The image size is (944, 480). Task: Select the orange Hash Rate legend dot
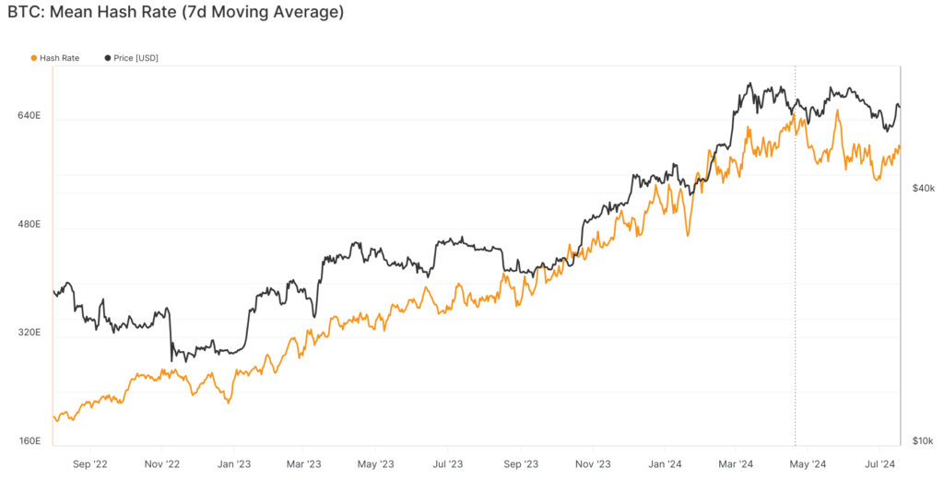(34, 58)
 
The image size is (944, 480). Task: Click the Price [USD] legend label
(136, 58)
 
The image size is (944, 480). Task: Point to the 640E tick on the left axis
(29, 116)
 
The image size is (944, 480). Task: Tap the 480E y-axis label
(29, 225)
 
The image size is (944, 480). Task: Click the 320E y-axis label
(29, 333)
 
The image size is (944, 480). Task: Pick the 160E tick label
(29, 441)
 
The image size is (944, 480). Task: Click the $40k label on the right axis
(923, 188)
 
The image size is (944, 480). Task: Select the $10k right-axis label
(923, 441)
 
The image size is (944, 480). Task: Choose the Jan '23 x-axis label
(233, 463)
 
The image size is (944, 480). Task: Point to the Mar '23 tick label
(302, 463)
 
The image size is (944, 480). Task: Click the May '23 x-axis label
(375, 463)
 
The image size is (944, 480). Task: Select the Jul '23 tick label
(447, 463)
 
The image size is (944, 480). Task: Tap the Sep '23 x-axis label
(521, 463)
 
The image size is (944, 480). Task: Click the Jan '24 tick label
(666, 463)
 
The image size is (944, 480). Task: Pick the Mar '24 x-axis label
(735, 463)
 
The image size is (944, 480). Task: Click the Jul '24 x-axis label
(880, 463)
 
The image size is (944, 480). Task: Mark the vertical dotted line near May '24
(796, 276)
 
